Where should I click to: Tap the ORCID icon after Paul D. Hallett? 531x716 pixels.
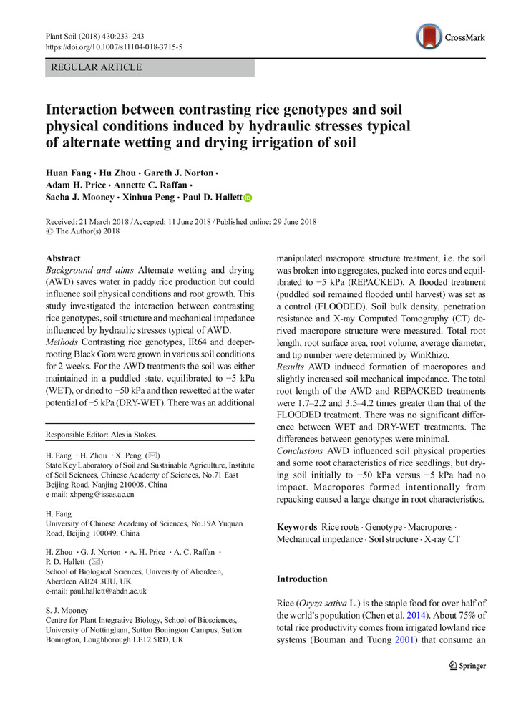[x=248, y=198]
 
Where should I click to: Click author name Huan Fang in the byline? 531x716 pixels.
[x=71, y=173]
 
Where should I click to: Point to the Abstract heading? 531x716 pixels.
[x=63, y=258]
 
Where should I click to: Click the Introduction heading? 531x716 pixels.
[x=302, y=579]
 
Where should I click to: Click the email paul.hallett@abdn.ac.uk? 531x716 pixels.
[x=96, y=591]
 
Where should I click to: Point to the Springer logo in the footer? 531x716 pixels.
[x=467, y=665]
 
